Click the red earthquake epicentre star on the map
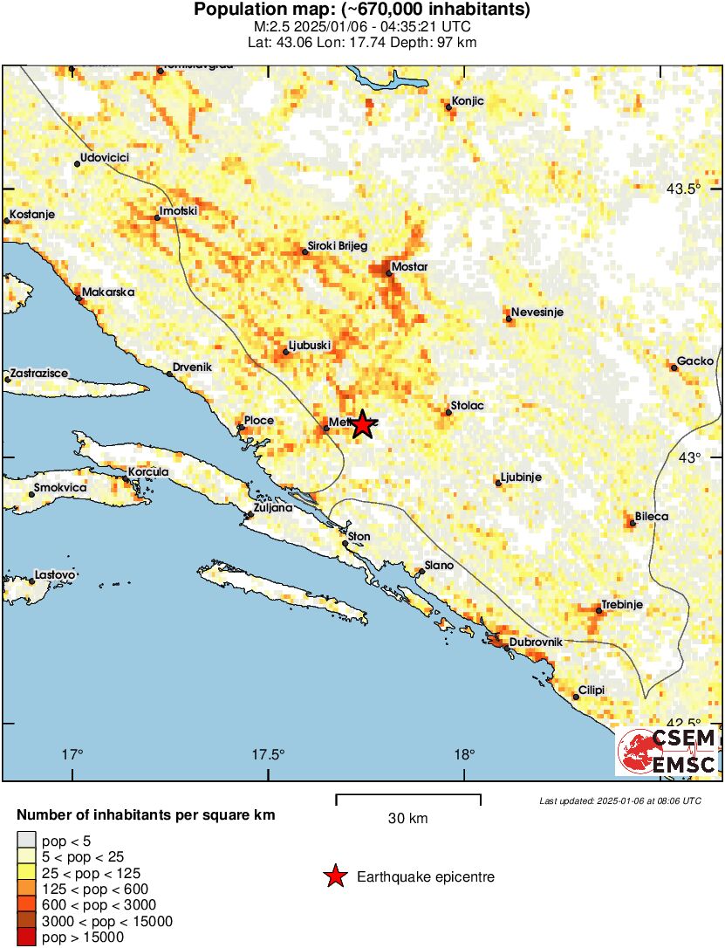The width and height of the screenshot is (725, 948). coord(362,425)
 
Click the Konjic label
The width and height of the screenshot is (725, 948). coord(468,100)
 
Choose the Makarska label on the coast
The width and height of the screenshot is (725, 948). coord(108,292)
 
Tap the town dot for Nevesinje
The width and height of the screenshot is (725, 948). coord(508,319)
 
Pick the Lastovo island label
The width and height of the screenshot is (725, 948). coord(55,574)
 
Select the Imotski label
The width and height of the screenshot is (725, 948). coord(180,211)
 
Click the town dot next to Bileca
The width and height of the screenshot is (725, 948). coord(632,524)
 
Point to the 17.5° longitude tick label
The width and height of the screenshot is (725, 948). coord(268,755)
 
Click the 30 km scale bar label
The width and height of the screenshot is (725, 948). coord(407,818)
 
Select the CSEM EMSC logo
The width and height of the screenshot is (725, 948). coord(667,751)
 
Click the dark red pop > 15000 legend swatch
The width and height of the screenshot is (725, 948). coord(26,938)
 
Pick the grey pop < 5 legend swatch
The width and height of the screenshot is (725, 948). coord(26,842)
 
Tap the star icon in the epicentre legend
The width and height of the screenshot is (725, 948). coord(334,876)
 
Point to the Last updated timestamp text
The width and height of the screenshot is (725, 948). coord(619,800)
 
